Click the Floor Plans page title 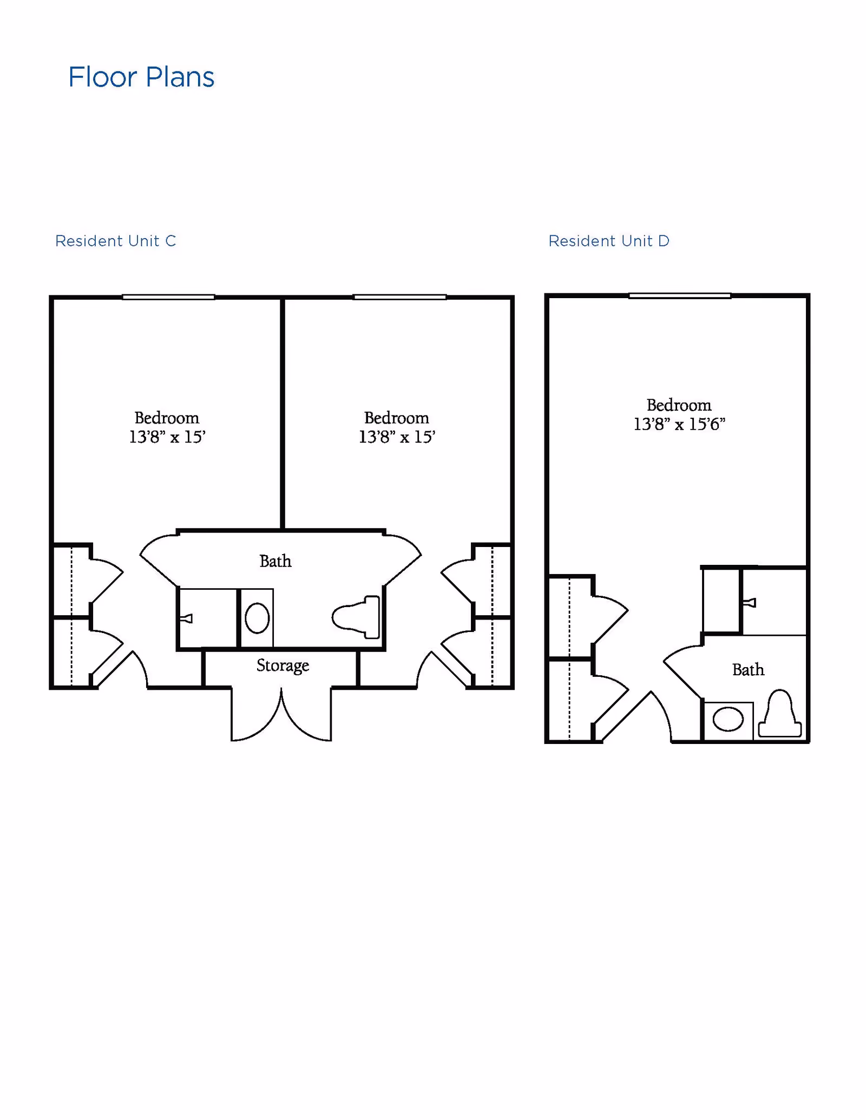click(141, 77)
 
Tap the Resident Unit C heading click(116, 241)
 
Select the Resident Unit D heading click(609, 241)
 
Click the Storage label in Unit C click(283, 665)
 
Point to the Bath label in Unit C click(275, 561)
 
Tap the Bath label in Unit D click(748, 670)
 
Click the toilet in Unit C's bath click(357, 617)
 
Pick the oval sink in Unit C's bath click(257, 618)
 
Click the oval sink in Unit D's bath click(728, 720)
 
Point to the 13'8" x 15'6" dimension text click(679, 424)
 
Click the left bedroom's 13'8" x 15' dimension click(167, 437)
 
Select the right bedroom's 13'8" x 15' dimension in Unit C click(397, 437)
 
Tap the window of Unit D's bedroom click(679, 295)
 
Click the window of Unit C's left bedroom click(168, 297)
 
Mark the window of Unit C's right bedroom click(399, 297)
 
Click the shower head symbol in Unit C click(186, 618)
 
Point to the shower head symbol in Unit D click(750, 603)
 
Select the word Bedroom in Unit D click(679, 405)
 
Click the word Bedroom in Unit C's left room click(167, 418)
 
